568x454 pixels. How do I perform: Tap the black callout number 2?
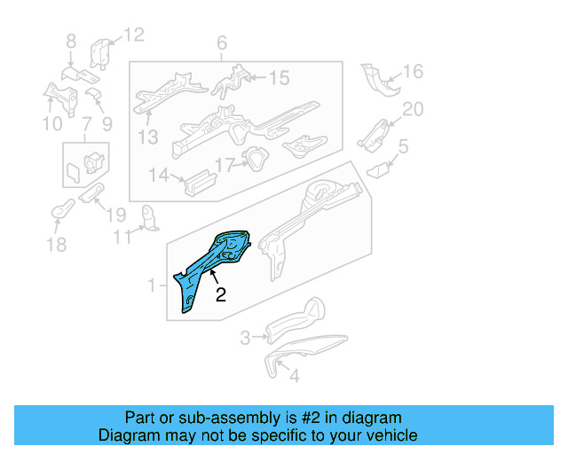coord(221,295)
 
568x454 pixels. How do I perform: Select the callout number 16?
coord(414,72)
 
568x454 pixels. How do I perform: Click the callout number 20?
coord(414,109)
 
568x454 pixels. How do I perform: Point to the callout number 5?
coord(403,146)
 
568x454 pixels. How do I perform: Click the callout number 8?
coord(71,41)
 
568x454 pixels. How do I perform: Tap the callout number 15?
coord(279,79)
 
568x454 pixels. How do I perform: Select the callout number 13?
coord(147,137)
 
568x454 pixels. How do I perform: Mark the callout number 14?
coord(158,176)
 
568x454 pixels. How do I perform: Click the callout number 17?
coord(224,164)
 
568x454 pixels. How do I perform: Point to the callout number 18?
coord(56,245)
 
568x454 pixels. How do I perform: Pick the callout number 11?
coord(121,235)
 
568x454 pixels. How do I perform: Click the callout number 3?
coord(246,337)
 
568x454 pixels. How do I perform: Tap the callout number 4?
coord(295,375)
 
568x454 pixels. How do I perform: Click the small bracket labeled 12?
coord(101,53)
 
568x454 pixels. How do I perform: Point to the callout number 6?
coord(222,43)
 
